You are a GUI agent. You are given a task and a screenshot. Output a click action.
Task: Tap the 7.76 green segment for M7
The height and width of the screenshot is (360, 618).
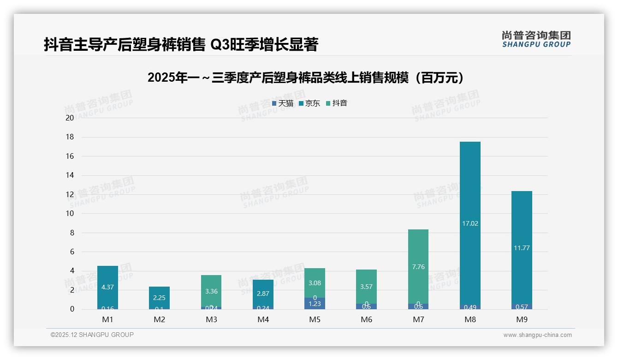(x=418, y=266)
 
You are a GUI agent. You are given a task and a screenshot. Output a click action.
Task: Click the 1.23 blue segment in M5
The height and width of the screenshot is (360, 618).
(x=315, y=304)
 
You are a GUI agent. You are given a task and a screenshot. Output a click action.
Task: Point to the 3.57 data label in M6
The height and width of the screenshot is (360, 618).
(x=367, y=287)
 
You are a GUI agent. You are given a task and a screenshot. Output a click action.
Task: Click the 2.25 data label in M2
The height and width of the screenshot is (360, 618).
(x=159, y=298)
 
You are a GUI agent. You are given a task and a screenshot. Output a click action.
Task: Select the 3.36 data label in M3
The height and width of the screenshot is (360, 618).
(x=211, y=291)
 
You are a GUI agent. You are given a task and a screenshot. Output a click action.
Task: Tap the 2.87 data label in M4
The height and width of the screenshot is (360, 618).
(x=263, y=294)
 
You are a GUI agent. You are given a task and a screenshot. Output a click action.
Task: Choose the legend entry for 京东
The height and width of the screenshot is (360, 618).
(x=309, y=103)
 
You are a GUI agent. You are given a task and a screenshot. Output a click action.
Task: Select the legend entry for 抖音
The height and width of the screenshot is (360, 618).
(x=337, y=103)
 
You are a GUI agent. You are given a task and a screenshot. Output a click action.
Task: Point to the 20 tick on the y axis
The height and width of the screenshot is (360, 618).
(x=70, y=118)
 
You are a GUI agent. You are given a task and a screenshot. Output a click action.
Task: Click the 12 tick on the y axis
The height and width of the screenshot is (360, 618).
(x=70, y=194)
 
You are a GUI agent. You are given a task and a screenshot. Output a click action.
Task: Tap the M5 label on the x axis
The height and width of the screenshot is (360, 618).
(x=315, y=319)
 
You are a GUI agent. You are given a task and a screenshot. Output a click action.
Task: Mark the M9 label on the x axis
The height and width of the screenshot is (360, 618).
(x=522, y=319)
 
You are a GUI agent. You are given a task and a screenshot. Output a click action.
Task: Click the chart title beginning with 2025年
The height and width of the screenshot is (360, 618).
(x=306, y=78)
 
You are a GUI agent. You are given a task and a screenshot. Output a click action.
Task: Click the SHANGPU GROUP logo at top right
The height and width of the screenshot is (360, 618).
(x=536, y=39)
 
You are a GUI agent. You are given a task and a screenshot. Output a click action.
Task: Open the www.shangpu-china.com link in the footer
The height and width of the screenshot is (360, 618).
(x=537, y=335)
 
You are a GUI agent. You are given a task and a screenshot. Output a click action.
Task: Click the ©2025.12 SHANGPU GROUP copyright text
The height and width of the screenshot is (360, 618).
(x=92, y=335)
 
